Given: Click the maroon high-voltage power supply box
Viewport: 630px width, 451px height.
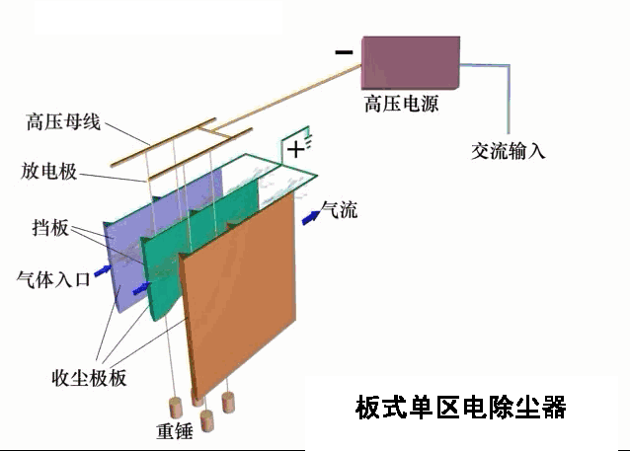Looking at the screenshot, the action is coord(411,62).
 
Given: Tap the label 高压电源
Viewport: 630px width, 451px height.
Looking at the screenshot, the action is coord(401,104).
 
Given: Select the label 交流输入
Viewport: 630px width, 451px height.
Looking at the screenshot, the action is coord(509,151).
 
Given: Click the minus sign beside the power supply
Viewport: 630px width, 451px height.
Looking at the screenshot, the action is coord(344,51).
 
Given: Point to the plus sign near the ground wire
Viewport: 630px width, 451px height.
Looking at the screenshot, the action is coord(296,150).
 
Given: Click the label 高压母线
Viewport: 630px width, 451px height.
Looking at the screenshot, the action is coord(63,121).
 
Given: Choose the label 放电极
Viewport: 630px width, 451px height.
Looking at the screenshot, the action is coord(48,172).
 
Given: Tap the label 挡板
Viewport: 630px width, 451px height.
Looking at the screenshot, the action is coord(50,228).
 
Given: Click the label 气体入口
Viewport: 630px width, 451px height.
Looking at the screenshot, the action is coord(53,279).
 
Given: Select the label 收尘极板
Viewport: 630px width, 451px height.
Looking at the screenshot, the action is coord(89,378).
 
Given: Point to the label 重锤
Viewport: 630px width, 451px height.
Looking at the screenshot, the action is coord(175,431).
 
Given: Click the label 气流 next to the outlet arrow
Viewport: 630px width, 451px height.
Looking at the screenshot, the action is coord(340,209).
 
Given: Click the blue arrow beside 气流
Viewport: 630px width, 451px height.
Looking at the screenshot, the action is coord(311,217).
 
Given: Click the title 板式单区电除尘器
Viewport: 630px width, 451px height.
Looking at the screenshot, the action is coord(461,408).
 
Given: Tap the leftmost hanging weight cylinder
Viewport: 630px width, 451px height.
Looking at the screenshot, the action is coord(175,408).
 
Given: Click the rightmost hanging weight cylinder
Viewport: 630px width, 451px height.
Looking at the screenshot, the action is coord(228,403).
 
